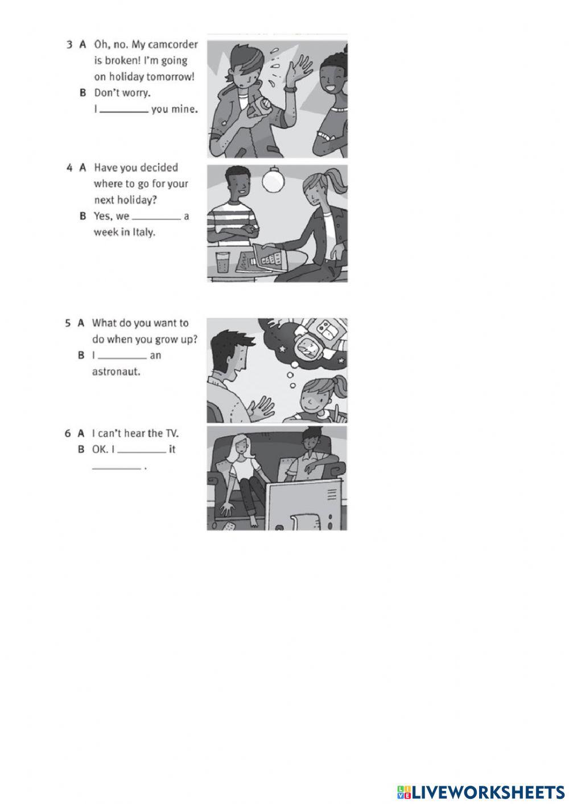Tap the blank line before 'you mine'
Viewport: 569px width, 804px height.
124,112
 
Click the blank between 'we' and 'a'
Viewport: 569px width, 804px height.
156,218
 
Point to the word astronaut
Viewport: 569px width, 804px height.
116,372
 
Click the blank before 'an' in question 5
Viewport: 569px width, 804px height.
122,358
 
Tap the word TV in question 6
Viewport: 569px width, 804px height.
172,434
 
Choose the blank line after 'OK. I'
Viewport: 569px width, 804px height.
142,452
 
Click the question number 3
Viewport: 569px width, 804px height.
69,45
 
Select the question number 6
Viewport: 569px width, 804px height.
68,434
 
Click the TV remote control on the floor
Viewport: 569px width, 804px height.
229,526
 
